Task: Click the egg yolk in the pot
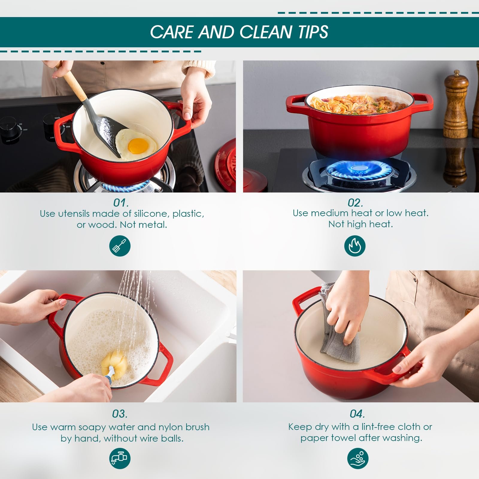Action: [x=138, y=146]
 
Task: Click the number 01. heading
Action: [x=121, y=203]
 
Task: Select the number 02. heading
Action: [x=355, y=203]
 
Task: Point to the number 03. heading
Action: [x=120, y=414]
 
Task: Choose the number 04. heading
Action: [x=357, y=414]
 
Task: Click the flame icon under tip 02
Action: [x=355, y=246]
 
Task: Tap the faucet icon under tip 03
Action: [x=120, y=458]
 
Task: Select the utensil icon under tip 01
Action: [x=120, y=246]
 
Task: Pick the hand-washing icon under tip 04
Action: [x=358, y=458]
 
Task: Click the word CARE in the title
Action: [x=172, y=32]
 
